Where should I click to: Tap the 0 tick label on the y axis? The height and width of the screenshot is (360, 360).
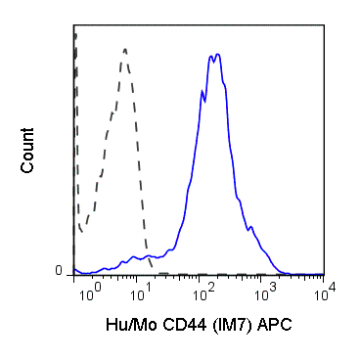pos(60,271)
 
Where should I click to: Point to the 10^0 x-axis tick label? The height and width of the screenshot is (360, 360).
pos(87,292)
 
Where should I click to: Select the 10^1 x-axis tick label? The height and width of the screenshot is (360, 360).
pos(145,292)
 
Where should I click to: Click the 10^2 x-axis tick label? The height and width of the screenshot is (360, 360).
pos(204,292)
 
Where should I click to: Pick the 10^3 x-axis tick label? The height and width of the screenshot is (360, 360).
pos(264,292)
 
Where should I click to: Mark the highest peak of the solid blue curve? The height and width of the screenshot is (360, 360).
pos(217,55)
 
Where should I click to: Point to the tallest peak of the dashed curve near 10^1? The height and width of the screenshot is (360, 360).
pos(125,48)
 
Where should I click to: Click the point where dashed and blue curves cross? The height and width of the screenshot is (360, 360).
pos(148,257)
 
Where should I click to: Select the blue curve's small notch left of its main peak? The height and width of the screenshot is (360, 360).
pos(203,97)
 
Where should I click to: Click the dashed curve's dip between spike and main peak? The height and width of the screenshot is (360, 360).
pos(81,231)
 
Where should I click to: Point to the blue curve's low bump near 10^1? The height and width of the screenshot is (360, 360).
pos(132,259)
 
